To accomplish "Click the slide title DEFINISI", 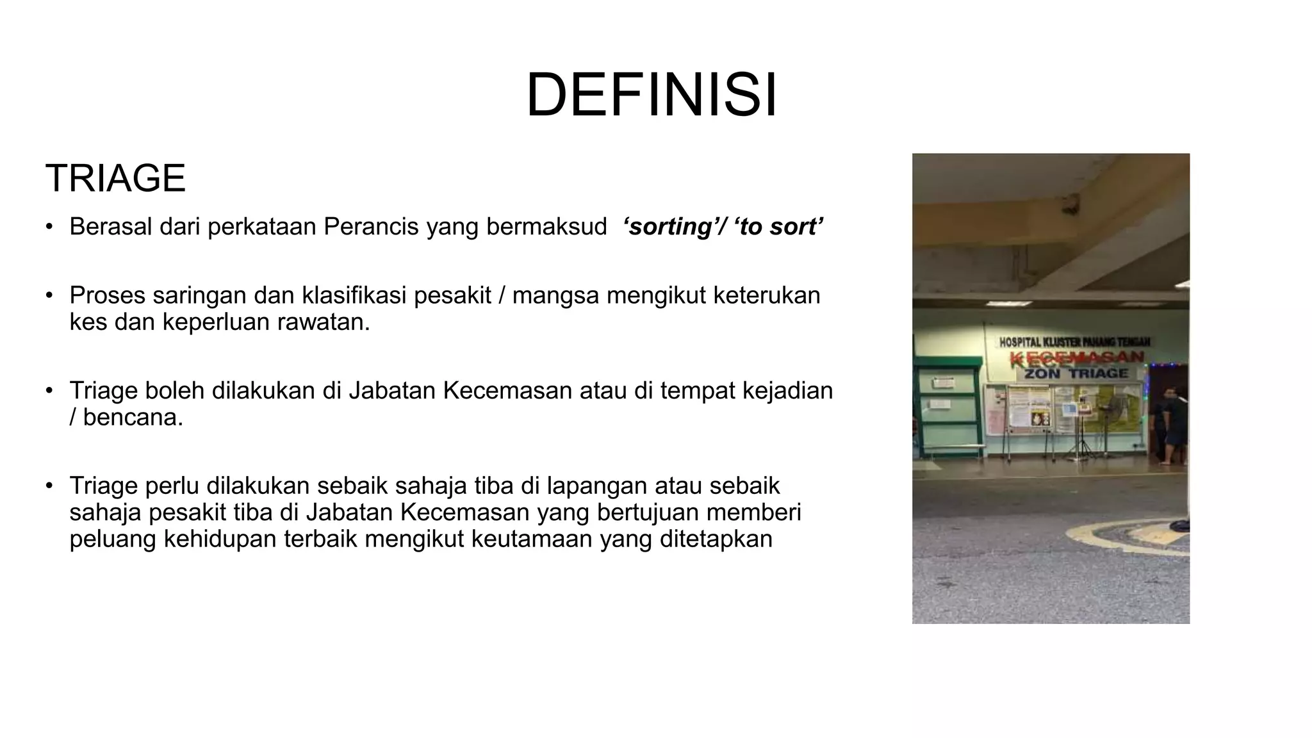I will coord(652,95).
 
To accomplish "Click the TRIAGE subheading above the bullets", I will coord(115,178).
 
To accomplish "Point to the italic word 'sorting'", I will coord(671,227).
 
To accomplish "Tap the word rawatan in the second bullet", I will coord(324,322).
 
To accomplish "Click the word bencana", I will coord(133,417).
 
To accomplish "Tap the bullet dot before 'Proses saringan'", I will coord(49,295).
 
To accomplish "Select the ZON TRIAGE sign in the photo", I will coord(1076,373).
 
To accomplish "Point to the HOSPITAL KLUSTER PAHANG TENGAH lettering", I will coord(1074,343).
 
